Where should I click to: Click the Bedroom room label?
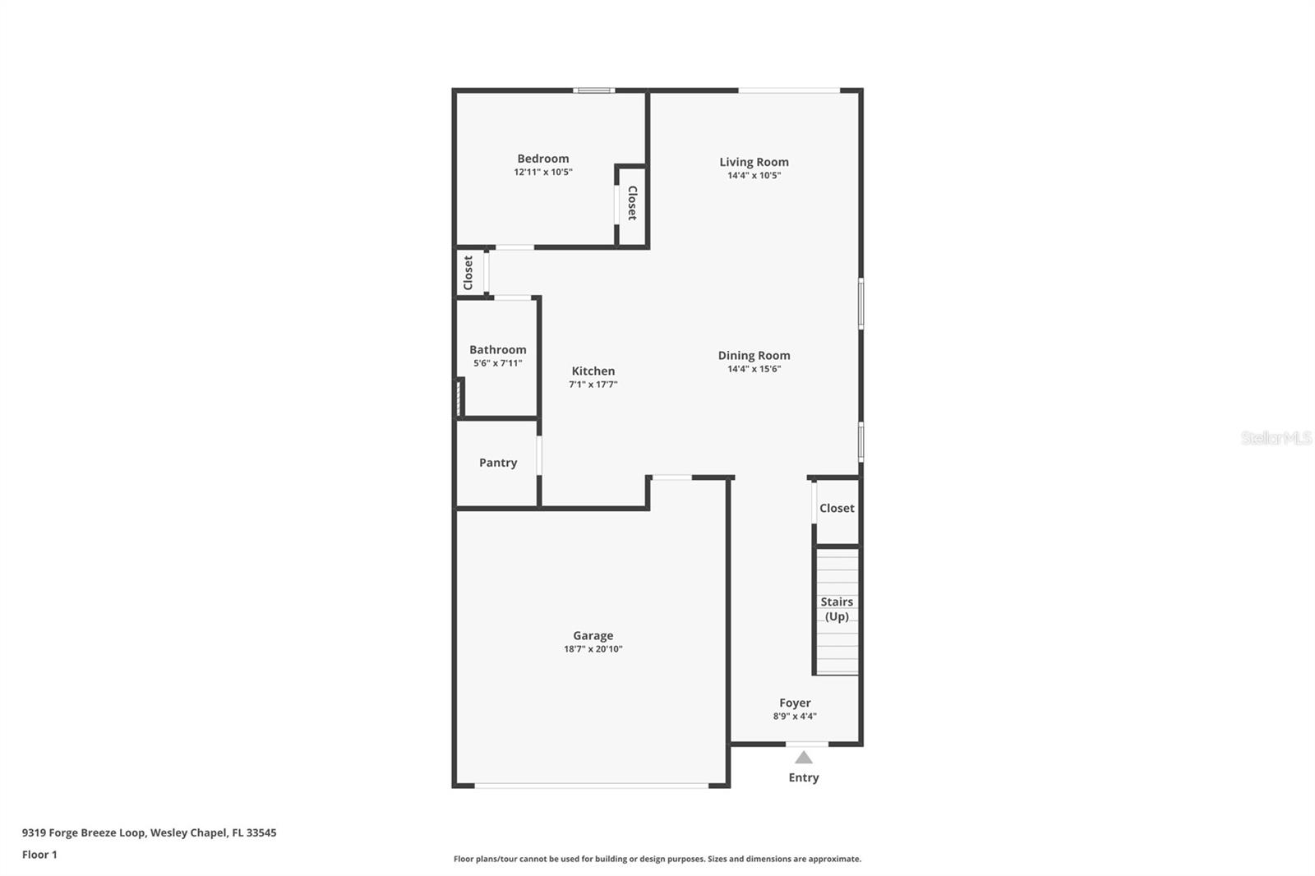(542, 159)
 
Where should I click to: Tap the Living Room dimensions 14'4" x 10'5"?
(754, 176)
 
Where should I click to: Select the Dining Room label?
(754, 355)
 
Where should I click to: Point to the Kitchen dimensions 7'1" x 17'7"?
(593, 385)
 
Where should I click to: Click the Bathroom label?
(497, 349)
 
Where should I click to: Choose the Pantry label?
(498, 463)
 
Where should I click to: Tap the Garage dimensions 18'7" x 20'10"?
(593, 649)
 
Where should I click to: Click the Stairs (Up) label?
(836, 609)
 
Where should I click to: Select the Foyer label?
(795, 703)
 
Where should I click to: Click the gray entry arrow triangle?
(804, 758)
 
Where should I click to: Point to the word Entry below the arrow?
(804, 777)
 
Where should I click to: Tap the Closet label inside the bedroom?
(632, 203)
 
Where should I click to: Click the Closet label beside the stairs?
(837, 508)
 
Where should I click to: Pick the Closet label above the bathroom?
(468, 273)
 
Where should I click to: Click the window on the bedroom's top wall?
(593, 90)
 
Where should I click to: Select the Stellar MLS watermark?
(1276, 438)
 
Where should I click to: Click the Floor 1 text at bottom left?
(39, 855)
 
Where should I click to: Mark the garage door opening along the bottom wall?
(592, 786)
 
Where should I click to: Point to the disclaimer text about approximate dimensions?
(657, 859)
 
